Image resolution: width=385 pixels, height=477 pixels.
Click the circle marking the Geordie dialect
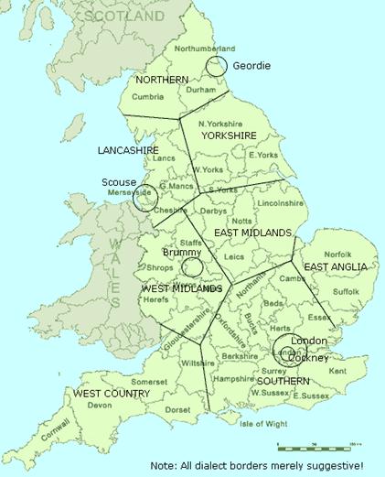pos(217,66)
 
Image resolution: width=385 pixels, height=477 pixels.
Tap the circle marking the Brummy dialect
pos(192,266)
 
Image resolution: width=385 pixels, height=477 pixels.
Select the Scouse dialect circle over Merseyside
pos(145,198)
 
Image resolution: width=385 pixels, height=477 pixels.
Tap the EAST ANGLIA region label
pos(336,266)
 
